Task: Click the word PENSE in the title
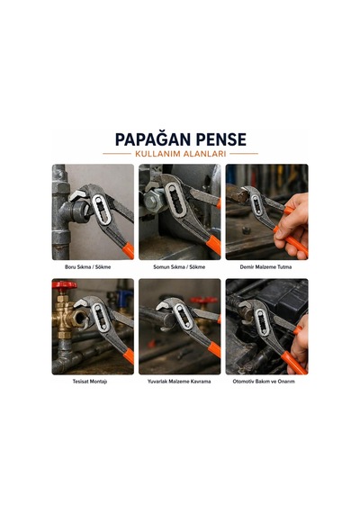219,139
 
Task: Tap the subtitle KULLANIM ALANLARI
180,154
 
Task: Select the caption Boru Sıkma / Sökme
87,267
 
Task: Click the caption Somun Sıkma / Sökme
179,267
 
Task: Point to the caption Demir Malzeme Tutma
265,267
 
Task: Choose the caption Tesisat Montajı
90,382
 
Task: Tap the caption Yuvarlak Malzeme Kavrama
179,382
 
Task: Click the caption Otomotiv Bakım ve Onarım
264,382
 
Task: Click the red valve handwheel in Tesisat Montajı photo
65,285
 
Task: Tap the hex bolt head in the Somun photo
151,200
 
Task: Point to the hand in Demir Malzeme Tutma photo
292,223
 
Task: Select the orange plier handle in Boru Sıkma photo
128,250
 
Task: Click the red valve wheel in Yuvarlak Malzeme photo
203,300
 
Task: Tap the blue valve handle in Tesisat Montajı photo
125,297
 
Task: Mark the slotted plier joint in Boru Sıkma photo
101,210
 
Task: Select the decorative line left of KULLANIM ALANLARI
116,153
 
